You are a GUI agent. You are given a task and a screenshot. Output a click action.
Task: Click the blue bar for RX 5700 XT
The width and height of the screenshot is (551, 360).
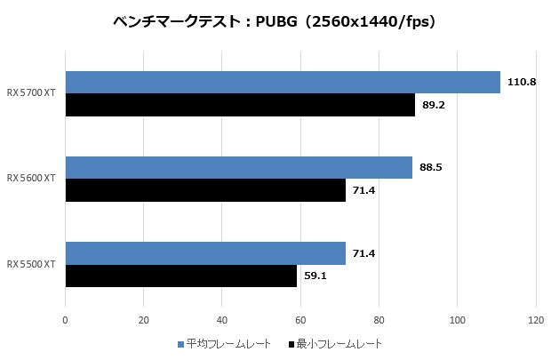coord(283,82)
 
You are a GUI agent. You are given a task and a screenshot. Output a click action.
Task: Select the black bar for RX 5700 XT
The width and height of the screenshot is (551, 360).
coord(240,105)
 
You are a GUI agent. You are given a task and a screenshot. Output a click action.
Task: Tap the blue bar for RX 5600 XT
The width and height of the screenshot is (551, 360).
coord(238,167)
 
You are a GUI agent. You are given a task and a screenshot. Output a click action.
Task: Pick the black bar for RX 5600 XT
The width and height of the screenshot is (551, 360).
coord(205,190)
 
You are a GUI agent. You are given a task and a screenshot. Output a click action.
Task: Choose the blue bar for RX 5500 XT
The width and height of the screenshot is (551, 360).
coord(205,253)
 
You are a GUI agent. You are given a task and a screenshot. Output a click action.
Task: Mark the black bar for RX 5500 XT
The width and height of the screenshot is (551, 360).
coord(181,276)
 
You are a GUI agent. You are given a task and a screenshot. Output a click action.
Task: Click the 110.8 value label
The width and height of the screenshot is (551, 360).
coord(520,82)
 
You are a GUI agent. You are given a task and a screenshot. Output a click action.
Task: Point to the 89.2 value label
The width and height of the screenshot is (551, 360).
coord(435,105)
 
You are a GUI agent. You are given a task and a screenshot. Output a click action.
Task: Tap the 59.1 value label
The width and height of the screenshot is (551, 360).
coord(316,276)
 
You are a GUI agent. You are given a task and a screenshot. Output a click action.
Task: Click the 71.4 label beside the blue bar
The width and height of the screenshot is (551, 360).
coord(364,253)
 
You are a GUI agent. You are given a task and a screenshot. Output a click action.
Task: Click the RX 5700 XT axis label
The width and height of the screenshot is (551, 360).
coord(31,92)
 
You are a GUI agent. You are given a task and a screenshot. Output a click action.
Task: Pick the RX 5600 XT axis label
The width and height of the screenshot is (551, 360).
coord(31,179)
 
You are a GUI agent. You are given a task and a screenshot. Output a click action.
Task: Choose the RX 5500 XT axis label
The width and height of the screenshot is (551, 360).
coord(31,264)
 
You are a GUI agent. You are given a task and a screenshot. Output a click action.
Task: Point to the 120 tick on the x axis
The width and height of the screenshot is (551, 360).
coord(536,319)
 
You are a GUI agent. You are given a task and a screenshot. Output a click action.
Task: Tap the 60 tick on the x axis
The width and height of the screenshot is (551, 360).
coord(300,319)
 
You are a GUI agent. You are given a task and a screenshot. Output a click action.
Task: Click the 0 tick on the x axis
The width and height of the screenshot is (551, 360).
coord(65,319)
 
